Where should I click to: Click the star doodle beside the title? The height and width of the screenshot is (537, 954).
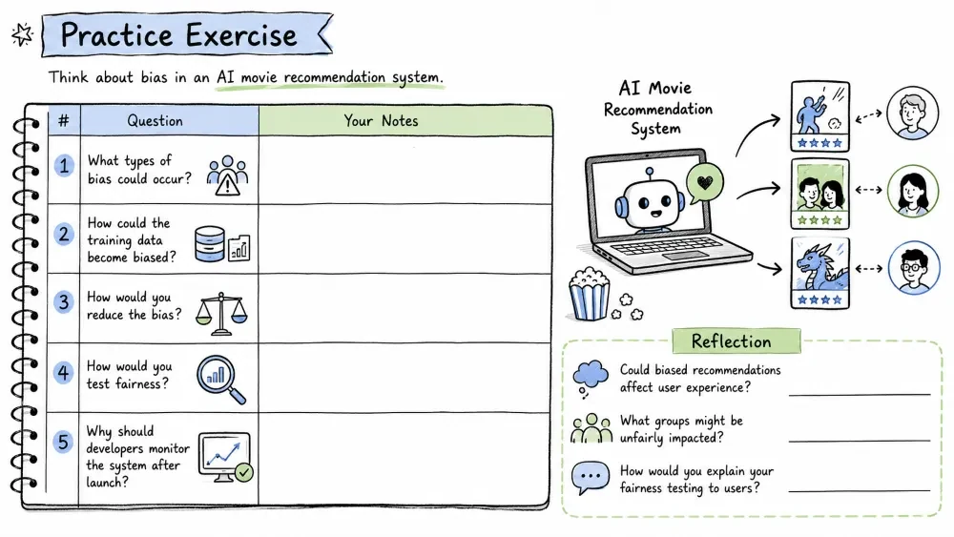click(x=23, y=34)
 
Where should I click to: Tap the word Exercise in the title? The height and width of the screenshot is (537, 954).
click(x=241, y=35)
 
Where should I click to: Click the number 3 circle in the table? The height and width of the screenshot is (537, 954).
click(x=63, y=302)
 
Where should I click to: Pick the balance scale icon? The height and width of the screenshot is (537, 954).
click(x=221, y=314)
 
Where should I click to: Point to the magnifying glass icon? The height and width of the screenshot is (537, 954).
click(x=221, y=380)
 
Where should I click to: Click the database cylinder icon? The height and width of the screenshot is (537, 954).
click(x=209, y=244)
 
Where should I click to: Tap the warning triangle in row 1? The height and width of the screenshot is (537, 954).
click(x=228, y=183)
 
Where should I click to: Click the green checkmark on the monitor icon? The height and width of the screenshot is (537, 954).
click(x=244, y=472)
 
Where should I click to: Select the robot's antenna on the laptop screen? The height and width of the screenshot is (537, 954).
click(x=650, y=176)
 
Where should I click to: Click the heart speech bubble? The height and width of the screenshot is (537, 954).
click(x=705, y=182)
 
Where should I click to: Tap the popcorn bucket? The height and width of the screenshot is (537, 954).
click(x=589, y=295)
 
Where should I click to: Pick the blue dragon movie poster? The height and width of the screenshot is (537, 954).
click(x=819, y=273)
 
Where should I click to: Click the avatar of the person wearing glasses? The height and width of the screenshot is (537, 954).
click(x=913, y=268)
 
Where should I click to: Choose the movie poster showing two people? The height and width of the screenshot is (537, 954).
click(x=819, y=194)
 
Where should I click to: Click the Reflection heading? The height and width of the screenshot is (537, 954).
click(x=732, y=341)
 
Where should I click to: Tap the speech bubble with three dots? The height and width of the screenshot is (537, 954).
click(x=591, y=478)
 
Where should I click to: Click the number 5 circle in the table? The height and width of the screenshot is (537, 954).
click(x=63, y=443)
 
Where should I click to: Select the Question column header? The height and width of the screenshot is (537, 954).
click(x=156, y=120)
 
